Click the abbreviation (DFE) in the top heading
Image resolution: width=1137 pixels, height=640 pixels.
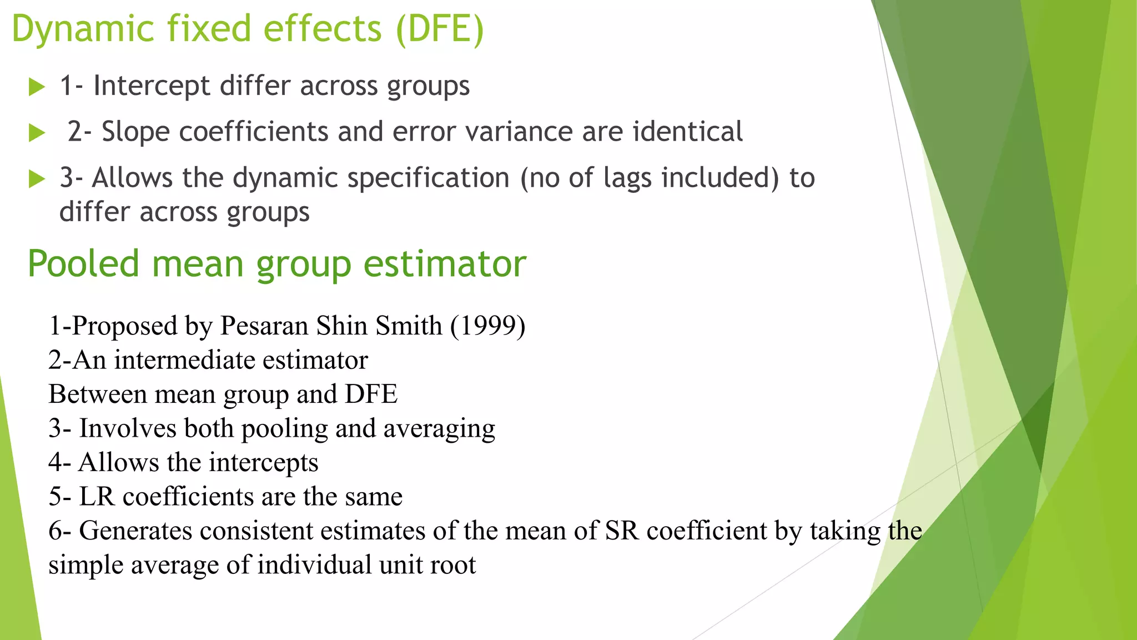pyautogui.click(x=440, y=29)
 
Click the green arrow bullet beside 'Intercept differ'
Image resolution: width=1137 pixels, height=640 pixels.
pyautogui.click(x=37, y=87)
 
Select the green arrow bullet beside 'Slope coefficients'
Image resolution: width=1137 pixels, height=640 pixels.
pyautogui.click(x=37, y=133)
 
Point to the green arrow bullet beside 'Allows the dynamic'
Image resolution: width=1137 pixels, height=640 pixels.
pyautogui.click(x=37, y=179)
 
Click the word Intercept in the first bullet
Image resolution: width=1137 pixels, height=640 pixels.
pyautogui.click(x=152, y=86)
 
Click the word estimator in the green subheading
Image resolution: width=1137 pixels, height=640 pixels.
pyautogui.click(x=445, y=264)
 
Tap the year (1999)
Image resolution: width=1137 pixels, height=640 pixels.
pyautogui.click(x=487, y=326)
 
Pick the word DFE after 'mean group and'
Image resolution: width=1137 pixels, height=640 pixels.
pyautogui.click(x=371, y=394)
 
